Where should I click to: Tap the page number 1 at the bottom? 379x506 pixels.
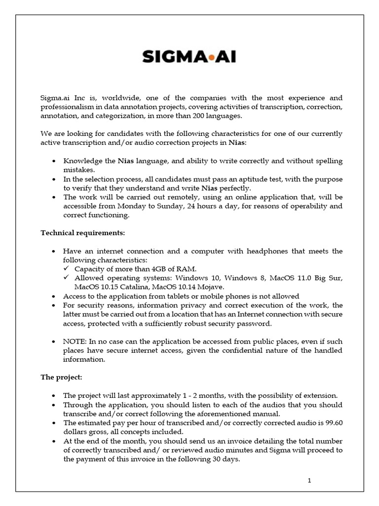tap(309, 481)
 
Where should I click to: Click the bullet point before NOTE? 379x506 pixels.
tap(53, 342)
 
